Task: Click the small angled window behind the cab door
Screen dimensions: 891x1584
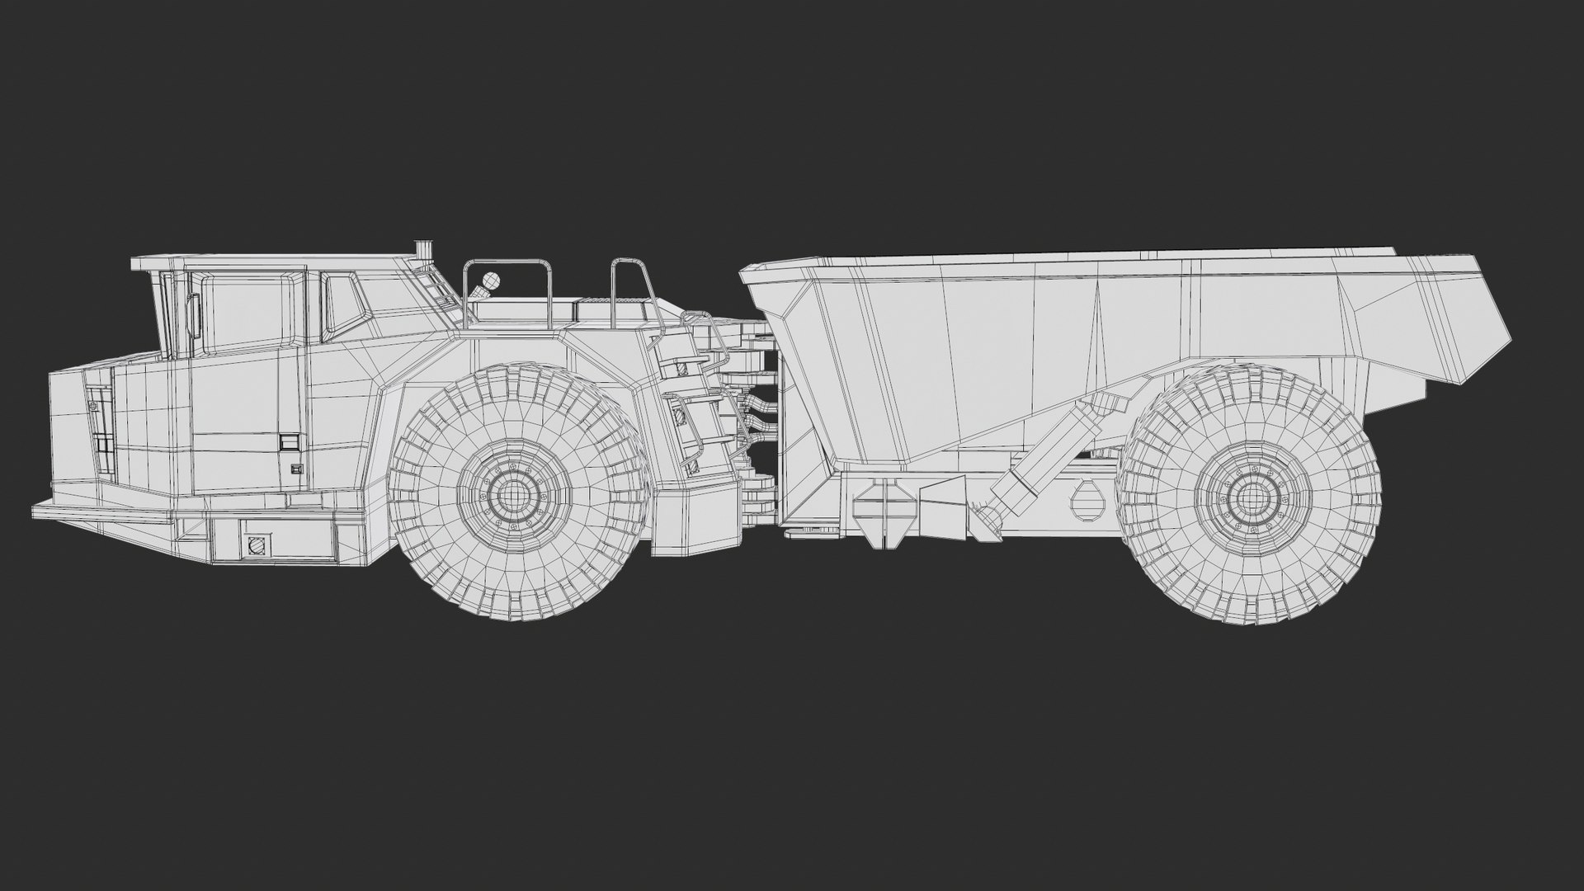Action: point(341,303)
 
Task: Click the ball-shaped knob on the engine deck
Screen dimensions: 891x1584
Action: point(490,280)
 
